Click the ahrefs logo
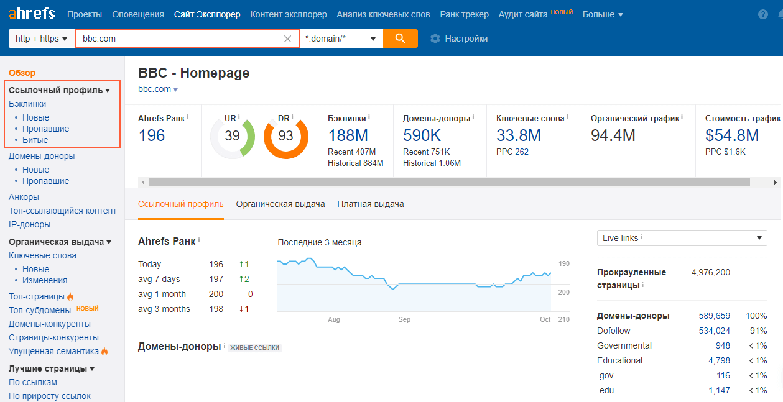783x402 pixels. tap(32, 14)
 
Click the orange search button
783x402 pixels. tap(400, 39)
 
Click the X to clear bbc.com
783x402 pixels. tap(287, 39)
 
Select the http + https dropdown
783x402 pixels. tap(41, 39)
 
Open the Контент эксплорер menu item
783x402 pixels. tap(288, 14)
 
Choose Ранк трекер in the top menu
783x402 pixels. tap(464, 14)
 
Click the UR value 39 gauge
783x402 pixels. tap(232, 135)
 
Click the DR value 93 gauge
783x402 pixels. tap(285, 135)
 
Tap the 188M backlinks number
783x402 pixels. tap(348, 135)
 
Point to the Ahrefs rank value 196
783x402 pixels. tap(151, 135)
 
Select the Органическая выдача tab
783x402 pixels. tap(280, 204)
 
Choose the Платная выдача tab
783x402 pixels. tap(371, 204)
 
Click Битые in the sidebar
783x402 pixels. tap(35, 140)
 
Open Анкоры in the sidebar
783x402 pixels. tap(24, 197)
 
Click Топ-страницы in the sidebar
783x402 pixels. tap(37, 296)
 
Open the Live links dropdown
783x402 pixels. tap(682, 238)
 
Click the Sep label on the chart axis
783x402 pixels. tap(404, 319)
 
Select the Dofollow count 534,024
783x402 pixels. tap(714, 331)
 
